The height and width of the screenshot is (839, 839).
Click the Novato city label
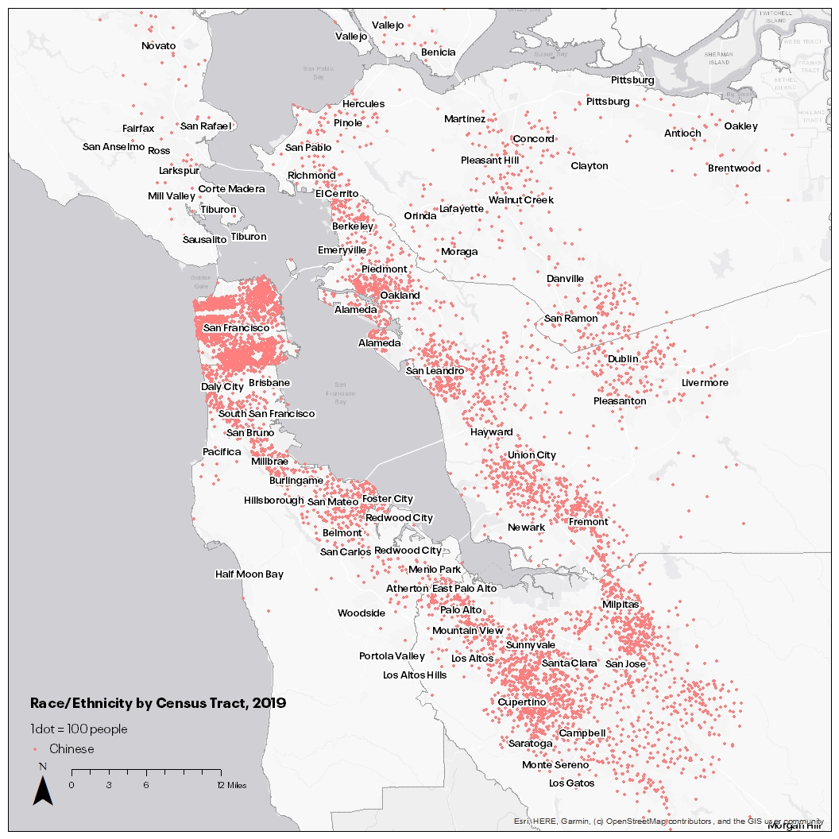[x=158, y=46]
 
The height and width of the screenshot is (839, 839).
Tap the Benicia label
[x=438, y=52]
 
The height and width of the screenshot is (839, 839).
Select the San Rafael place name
[x=206, y=126]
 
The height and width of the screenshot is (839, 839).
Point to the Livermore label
[x=705, y=383]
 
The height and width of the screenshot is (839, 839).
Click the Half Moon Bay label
[x=249, y=574]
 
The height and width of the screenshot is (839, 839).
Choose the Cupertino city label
[x=521, y=703]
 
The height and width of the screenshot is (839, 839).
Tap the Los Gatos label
[x=571, y=783]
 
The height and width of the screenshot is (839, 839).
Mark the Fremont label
[x=588, y=522]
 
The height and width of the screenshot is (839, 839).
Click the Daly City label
[x=222, y=387]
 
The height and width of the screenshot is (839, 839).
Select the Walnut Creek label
[x=520, y=200]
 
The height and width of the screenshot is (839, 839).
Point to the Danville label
[x=565, y=279]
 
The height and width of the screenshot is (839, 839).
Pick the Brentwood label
[x=734, y=168]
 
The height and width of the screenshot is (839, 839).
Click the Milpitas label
[x=620, y=605]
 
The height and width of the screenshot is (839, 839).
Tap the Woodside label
[x=361, y=613]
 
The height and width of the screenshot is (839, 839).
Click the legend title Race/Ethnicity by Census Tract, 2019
[x=157, y=703]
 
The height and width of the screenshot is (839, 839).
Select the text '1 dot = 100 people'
[x=79, y=729]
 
